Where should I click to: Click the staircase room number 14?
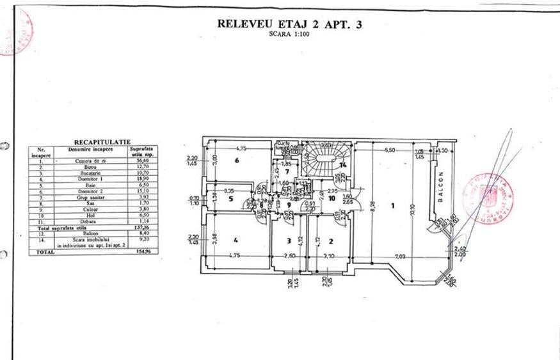[343, 165]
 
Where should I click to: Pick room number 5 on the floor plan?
[230, 199]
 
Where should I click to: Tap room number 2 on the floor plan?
[330, 242]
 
